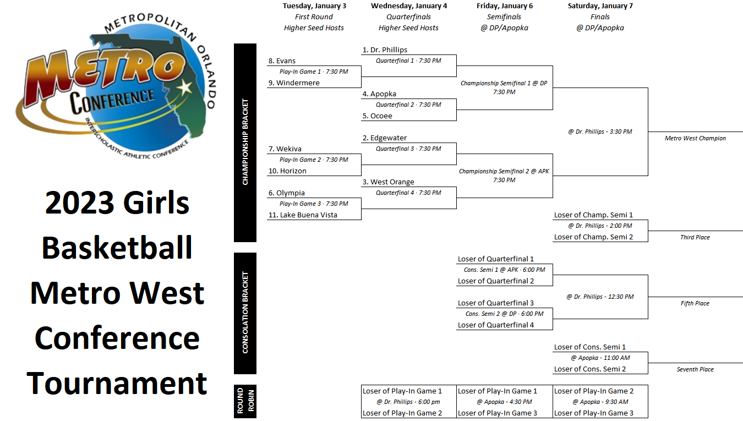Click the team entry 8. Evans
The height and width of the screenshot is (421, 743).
(282, 61)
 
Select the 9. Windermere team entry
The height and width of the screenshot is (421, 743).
(294, 83)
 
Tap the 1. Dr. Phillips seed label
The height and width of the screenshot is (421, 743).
(385, 50)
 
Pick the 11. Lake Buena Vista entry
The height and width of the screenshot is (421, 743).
(303, 215)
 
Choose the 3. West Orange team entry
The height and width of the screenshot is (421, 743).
(388, 182)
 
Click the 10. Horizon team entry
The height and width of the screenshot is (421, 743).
(287, 171)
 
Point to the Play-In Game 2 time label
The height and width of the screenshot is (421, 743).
(314, 160)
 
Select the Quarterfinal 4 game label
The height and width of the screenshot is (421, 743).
(408, 193)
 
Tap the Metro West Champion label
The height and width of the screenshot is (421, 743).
(695, 138)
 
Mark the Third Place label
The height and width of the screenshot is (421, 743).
(695, 237)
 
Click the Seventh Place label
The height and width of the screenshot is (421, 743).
(695, 369)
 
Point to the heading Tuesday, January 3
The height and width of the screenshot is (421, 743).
(314, 6)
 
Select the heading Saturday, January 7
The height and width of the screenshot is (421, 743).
(600, 6)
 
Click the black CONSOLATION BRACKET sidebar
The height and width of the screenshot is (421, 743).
(245, 313)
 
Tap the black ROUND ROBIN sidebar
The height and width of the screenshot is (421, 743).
(245, 401)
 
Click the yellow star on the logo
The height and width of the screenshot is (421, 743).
(185, 88)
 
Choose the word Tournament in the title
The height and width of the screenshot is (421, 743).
(117, 383)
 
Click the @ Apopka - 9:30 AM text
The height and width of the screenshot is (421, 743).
(600, 402)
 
